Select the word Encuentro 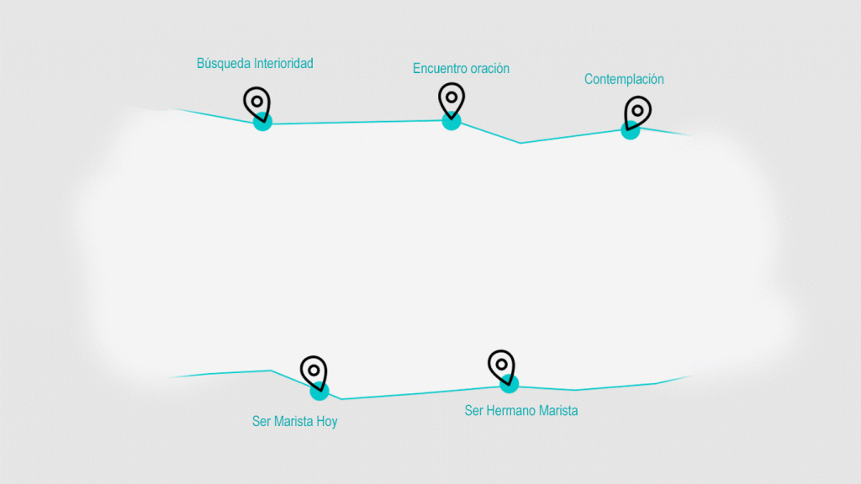[440, 69]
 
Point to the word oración [489, 69]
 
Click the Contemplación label [624, 80]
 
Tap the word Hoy [327, 422]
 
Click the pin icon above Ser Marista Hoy [314, 371]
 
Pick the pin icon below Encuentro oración [452, 99]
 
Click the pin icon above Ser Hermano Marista [501, 366]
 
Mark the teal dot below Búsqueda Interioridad [263, 124]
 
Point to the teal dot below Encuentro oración [452, 122]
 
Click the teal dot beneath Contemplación [630, 131]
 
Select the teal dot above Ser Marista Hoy [320, 392]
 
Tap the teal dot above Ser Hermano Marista [509, 385]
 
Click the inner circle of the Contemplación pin [638, 110]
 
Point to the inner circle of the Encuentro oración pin [452, 97]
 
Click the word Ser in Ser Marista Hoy [261, 422]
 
